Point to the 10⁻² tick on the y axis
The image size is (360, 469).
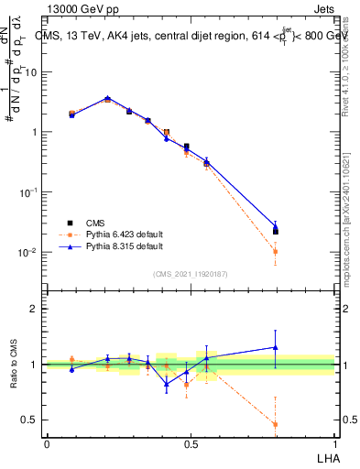pos(28,252)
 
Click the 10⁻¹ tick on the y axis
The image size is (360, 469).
pos(28,192)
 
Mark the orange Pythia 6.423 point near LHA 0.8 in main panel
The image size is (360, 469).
pos(276,251)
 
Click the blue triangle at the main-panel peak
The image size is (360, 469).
pos(107,98)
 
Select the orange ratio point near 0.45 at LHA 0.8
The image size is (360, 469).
pos(276,424)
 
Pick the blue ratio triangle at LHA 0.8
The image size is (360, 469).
pos(276,347)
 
